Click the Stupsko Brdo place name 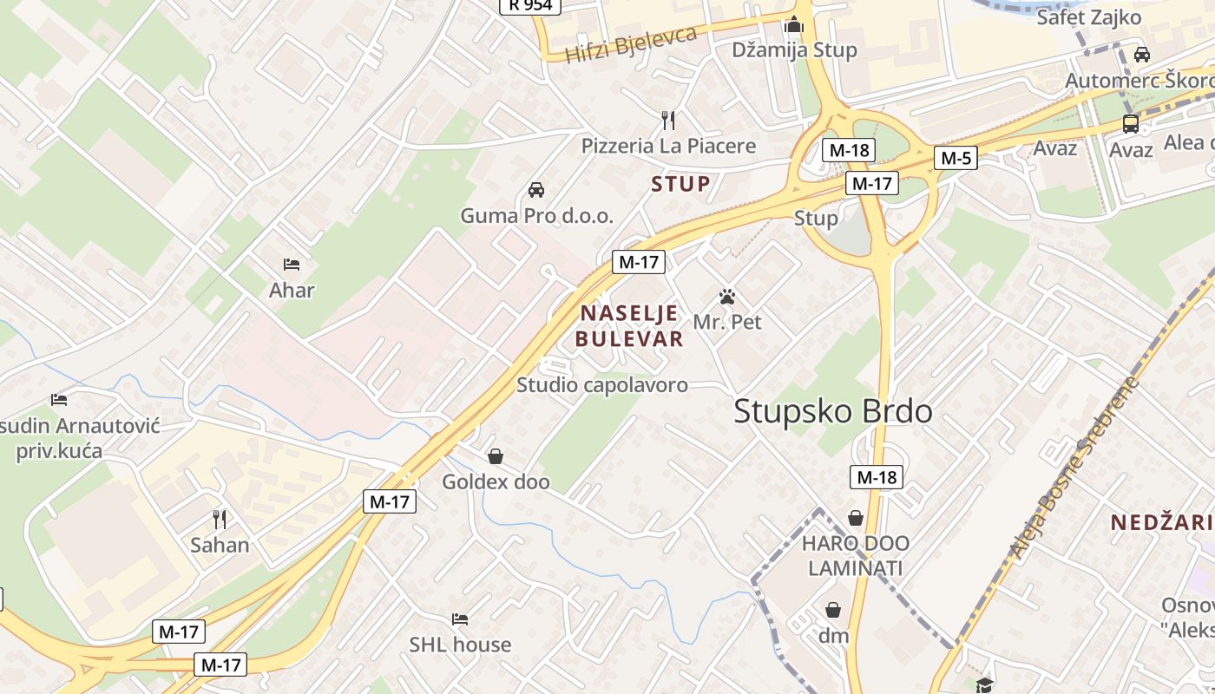click(833, 411)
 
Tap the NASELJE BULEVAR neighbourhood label click(630, 326)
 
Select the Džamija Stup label click(794, 49)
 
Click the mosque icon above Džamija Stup click(794, 25)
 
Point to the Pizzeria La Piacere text click(668, 146)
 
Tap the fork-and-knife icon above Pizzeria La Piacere click(668, 120)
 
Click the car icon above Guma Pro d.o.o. click(536, 190)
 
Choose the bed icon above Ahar click(292, 264)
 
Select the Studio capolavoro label click(602, 385)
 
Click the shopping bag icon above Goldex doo click(496, 455)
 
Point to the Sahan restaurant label click(220, 545)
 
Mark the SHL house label click(460, 645)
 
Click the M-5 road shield click(956, 158)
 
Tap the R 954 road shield click(530, 5)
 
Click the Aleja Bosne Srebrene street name click(1074, 468)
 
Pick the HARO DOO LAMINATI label click(856, 556)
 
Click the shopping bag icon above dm click(833, 610)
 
